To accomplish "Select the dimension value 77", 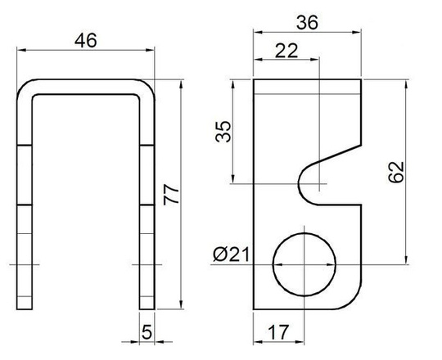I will click(170, 195).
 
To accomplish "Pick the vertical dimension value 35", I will click(223, 132).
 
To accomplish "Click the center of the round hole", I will click(304, 267).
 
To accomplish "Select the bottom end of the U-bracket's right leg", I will click(147, 308).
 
